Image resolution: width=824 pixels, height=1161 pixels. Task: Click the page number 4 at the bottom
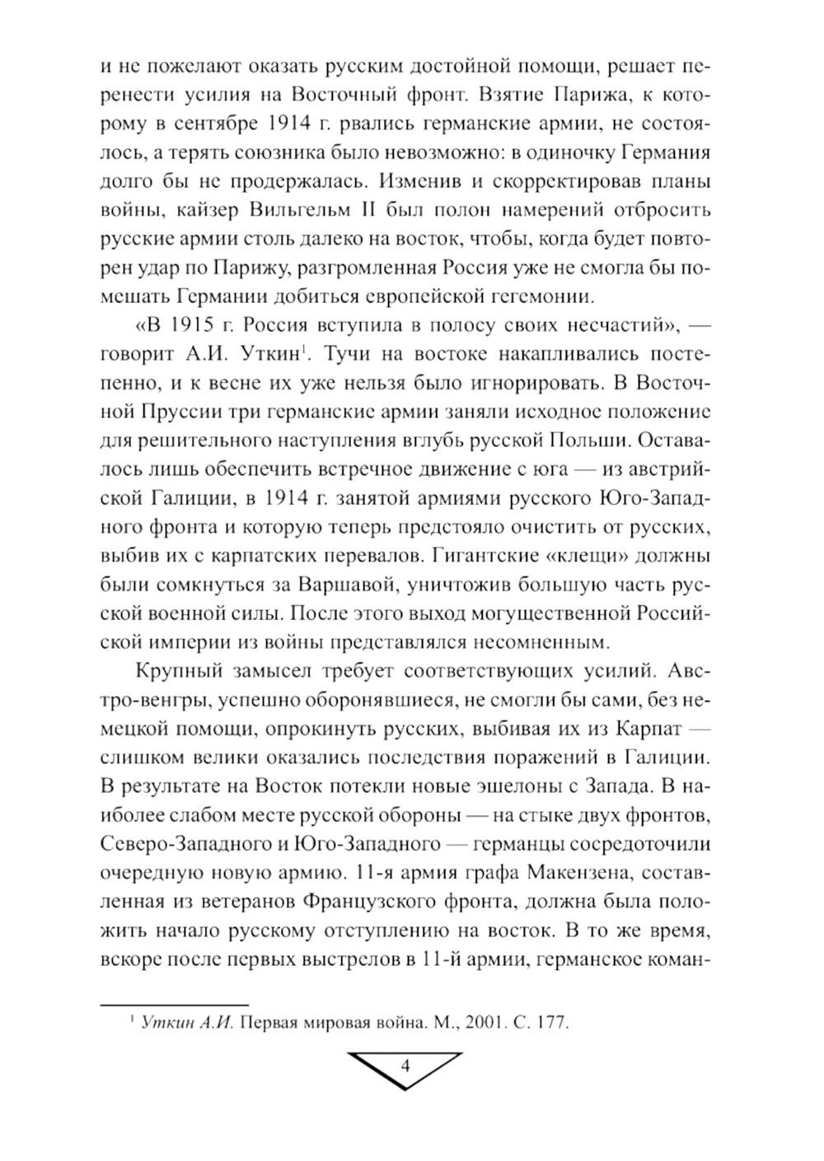click(x=405, y=1065)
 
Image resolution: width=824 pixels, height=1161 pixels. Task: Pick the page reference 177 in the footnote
click(x=553, y=1022)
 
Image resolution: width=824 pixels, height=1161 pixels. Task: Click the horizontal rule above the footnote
click(x=174, y=1004)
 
